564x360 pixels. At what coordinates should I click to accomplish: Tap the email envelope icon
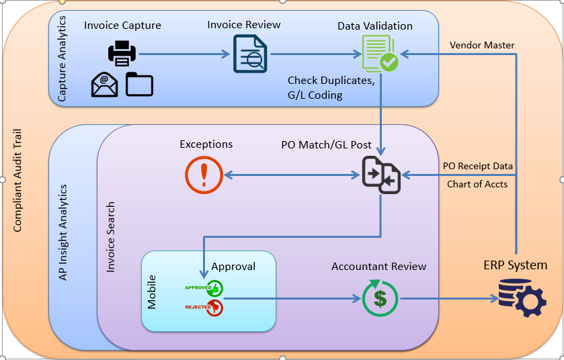[105, 85]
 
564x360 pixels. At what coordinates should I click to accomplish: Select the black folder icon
[139, 84]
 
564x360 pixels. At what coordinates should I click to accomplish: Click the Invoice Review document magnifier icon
[249, 54]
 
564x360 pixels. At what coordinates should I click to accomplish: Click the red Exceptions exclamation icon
[204, 175]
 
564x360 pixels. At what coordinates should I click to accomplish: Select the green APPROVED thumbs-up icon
[215, 288]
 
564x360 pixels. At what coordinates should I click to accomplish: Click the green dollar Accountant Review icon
[380, 298]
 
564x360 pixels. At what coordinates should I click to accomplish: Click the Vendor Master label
[482, 46]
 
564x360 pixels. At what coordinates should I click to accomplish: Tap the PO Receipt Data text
[477, 166]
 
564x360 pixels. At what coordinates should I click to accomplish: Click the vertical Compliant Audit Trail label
[18, 179]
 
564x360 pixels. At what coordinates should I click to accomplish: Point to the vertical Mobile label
[152, 291]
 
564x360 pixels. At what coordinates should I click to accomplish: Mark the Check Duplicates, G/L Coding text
[331, 88]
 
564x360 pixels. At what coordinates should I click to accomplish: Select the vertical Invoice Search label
[111, 236]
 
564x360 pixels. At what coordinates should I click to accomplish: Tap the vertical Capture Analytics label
[62, 59]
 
